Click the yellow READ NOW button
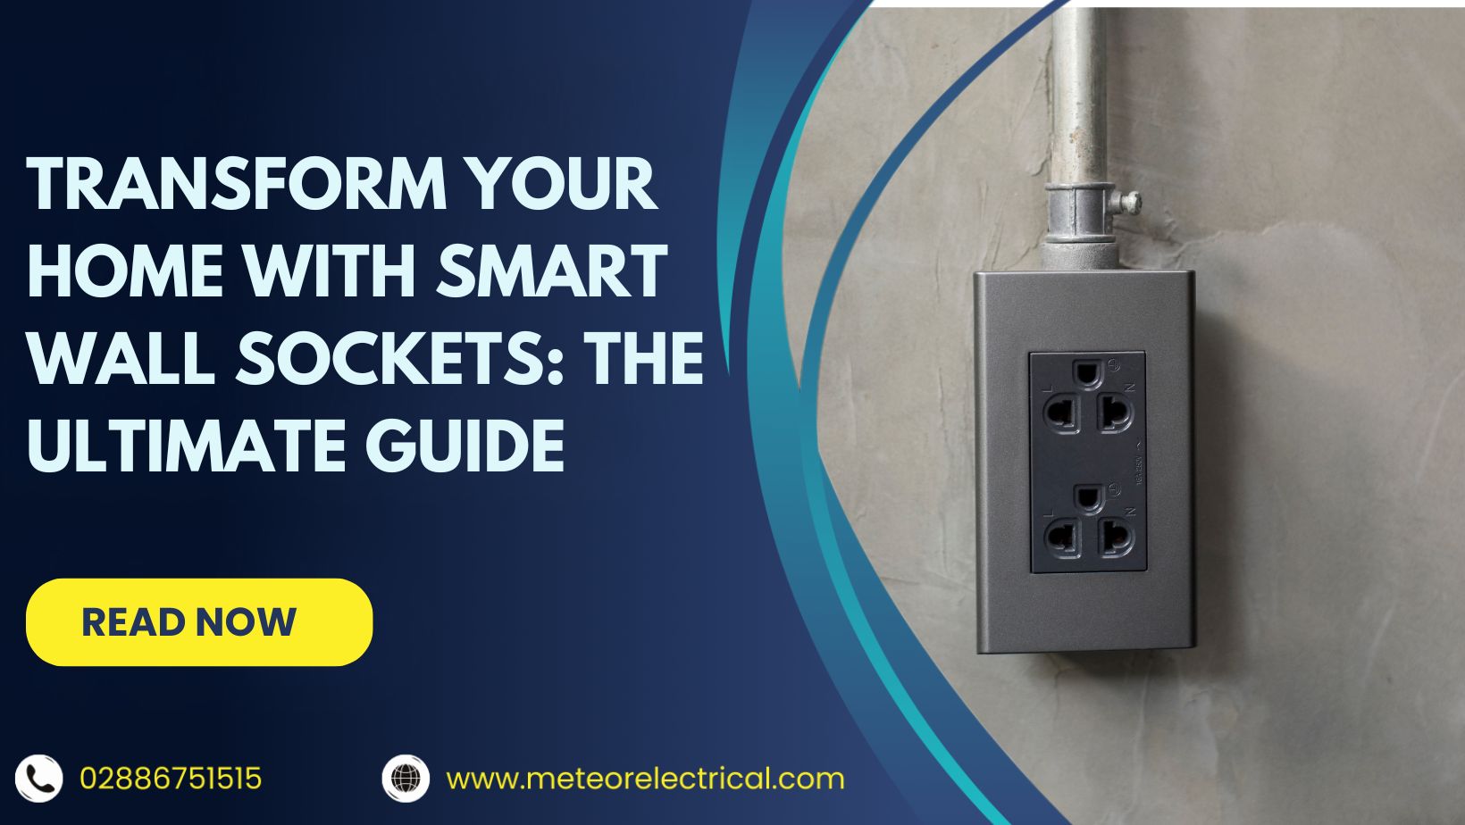point(198,622)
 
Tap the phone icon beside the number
point(39,779)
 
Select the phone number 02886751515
point(171,779)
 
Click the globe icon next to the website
point(406,778)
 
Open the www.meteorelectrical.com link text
point(645,779)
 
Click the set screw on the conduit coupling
point(1131,202)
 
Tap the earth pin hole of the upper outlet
point(1087,373)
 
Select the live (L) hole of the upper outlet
point(1062,414)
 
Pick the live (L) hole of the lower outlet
point(1062,537)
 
